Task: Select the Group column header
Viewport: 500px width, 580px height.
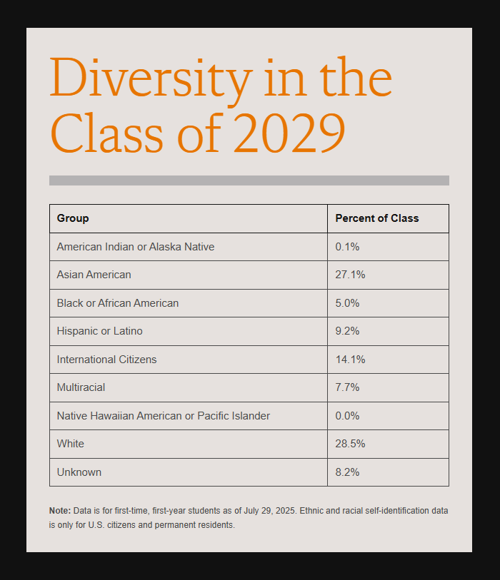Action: (x=73, y=218)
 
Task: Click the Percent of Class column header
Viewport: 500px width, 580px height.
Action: (x=377, y=218)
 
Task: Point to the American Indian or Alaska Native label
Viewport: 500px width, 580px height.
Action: (x=136, y=247)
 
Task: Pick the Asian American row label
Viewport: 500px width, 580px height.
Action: (x=94, y=275)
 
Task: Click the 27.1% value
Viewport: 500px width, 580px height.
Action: (x=350, y=275)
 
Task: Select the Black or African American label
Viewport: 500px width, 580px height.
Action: (x=118, y=303)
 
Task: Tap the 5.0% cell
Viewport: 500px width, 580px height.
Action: (x=347, y=303)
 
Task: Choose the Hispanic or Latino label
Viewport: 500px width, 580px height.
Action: (x=100, y=331)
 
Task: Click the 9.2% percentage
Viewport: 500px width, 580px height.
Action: (x=347, y=331)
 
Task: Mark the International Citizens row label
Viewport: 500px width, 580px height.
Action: (x=107, y=360)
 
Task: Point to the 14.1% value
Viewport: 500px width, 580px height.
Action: (x=350, y=360)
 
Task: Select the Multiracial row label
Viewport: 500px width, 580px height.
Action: (x=81, y=387)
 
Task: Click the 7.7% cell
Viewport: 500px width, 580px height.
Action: (x=347, y=387)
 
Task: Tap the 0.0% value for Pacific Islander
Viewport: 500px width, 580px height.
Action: (x=347, y=416)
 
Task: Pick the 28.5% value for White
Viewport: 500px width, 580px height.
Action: (x=350, y=444)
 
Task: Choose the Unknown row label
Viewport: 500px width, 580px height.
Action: (x=79, y=472)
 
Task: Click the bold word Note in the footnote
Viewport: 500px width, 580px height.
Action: (x=59, y=511)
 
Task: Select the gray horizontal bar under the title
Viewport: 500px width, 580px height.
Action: (x=249, y=180)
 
